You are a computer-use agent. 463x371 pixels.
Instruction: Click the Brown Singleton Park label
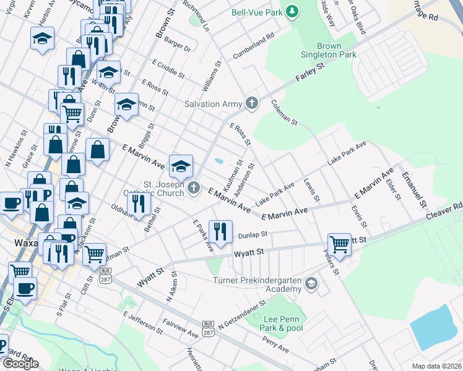point(337,50)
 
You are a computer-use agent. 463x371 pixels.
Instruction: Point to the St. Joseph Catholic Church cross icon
point(194,187)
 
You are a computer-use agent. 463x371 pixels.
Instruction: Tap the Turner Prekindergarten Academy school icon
point(312,284)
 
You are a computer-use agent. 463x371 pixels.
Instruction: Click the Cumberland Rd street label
point(253,46)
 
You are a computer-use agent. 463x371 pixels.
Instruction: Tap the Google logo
point(20,364)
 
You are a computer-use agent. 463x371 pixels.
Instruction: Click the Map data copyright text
point(437,366)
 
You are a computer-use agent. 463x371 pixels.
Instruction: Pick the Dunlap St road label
point(253,234)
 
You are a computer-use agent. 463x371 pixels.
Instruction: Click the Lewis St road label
point(311,190)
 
